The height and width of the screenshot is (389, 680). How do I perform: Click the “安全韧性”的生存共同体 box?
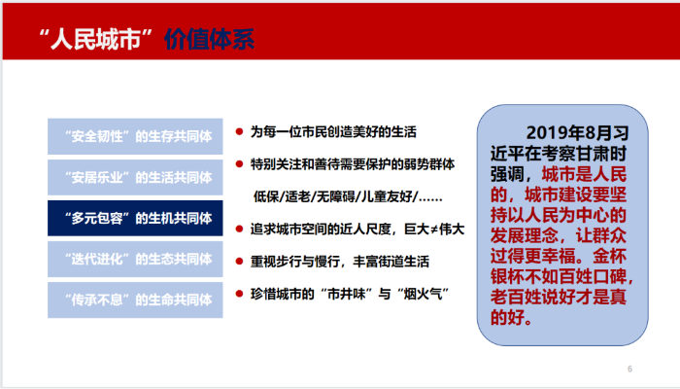pos(135,136)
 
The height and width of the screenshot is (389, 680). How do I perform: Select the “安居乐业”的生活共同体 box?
pos(135,177)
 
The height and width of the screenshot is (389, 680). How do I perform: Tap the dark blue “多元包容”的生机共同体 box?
pos(135,218)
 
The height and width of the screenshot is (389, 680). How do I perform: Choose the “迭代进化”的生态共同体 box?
pos(135,260)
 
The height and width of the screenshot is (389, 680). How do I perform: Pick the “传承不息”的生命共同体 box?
pos(135,300)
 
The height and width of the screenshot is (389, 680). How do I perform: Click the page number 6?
pos(629,369)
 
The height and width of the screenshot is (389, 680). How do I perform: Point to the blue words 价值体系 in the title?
pos(209,40)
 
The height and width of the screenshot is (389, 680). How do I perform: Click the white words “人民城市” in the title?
pos(97,39)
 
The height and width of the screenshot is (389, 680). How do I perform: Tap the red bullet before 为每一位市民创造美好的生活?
pos(239,131)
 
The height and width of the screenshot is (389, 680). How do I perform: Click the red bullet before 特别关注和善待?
pos(239,164)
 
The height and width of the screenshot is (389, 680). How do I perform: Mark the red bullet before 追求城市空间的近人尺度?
pos(239,229)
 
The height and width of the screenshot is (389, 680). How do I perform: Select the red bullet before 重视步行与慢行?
pos(239,262)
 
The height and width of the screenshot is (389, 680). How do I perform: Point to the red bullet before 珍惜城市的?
pos(239,294)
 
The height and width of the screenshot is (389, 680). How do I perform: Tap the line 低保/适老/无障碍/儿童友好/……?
pos(348,197)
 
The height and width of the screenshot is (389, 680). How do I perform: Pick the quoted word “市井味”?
pos(347,294)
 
